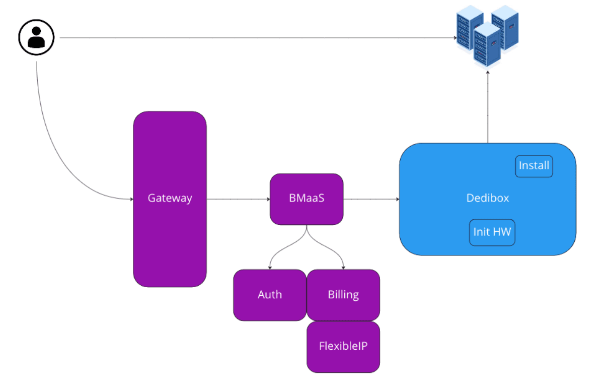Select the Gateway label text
[170, 198]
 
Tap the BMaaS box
[307, 199]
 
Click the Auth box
[270, 295]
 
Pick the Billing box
[343, 295]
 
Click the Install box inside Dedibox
[534, 166]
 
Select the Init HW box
[492, 232]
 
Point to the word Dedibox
[487, 198]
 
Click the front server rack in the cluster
[487, 45]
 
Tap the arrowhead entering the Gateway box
[131, 199]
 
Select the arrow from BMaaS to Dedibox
[371, 199]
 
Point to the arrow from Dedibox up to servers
[487, 108]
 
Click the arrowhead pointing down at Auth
[270, 267]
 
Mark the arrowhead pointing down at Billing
[343, 267]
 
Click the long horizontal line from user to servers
[252, 38]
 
